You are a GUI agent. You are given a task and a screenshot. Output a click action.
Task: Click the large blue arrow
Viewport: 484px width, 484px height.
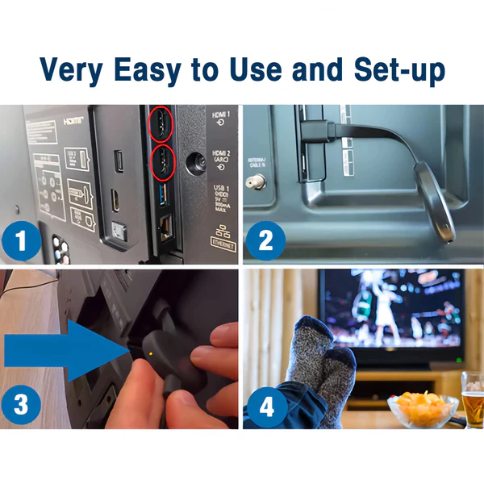[65, 349]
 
